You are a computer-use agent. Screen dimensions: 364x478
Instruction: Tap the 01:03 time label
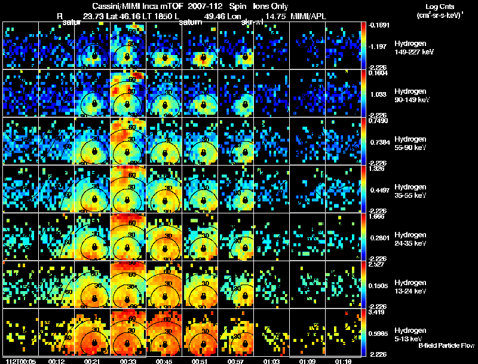[x=270, y=360]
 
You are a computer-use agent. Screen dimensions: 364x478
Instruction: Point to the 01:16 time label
[x=343, y=360]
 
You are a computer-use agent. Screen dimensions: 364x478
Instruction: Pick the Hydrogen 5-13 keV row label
[x=411, y=334]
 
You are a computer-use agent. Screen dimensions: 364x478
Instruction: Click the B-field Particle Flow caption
[x=446, y=345]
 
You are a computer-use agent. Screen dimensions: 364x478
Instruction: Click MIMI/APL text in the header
[x=308, y=16]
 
